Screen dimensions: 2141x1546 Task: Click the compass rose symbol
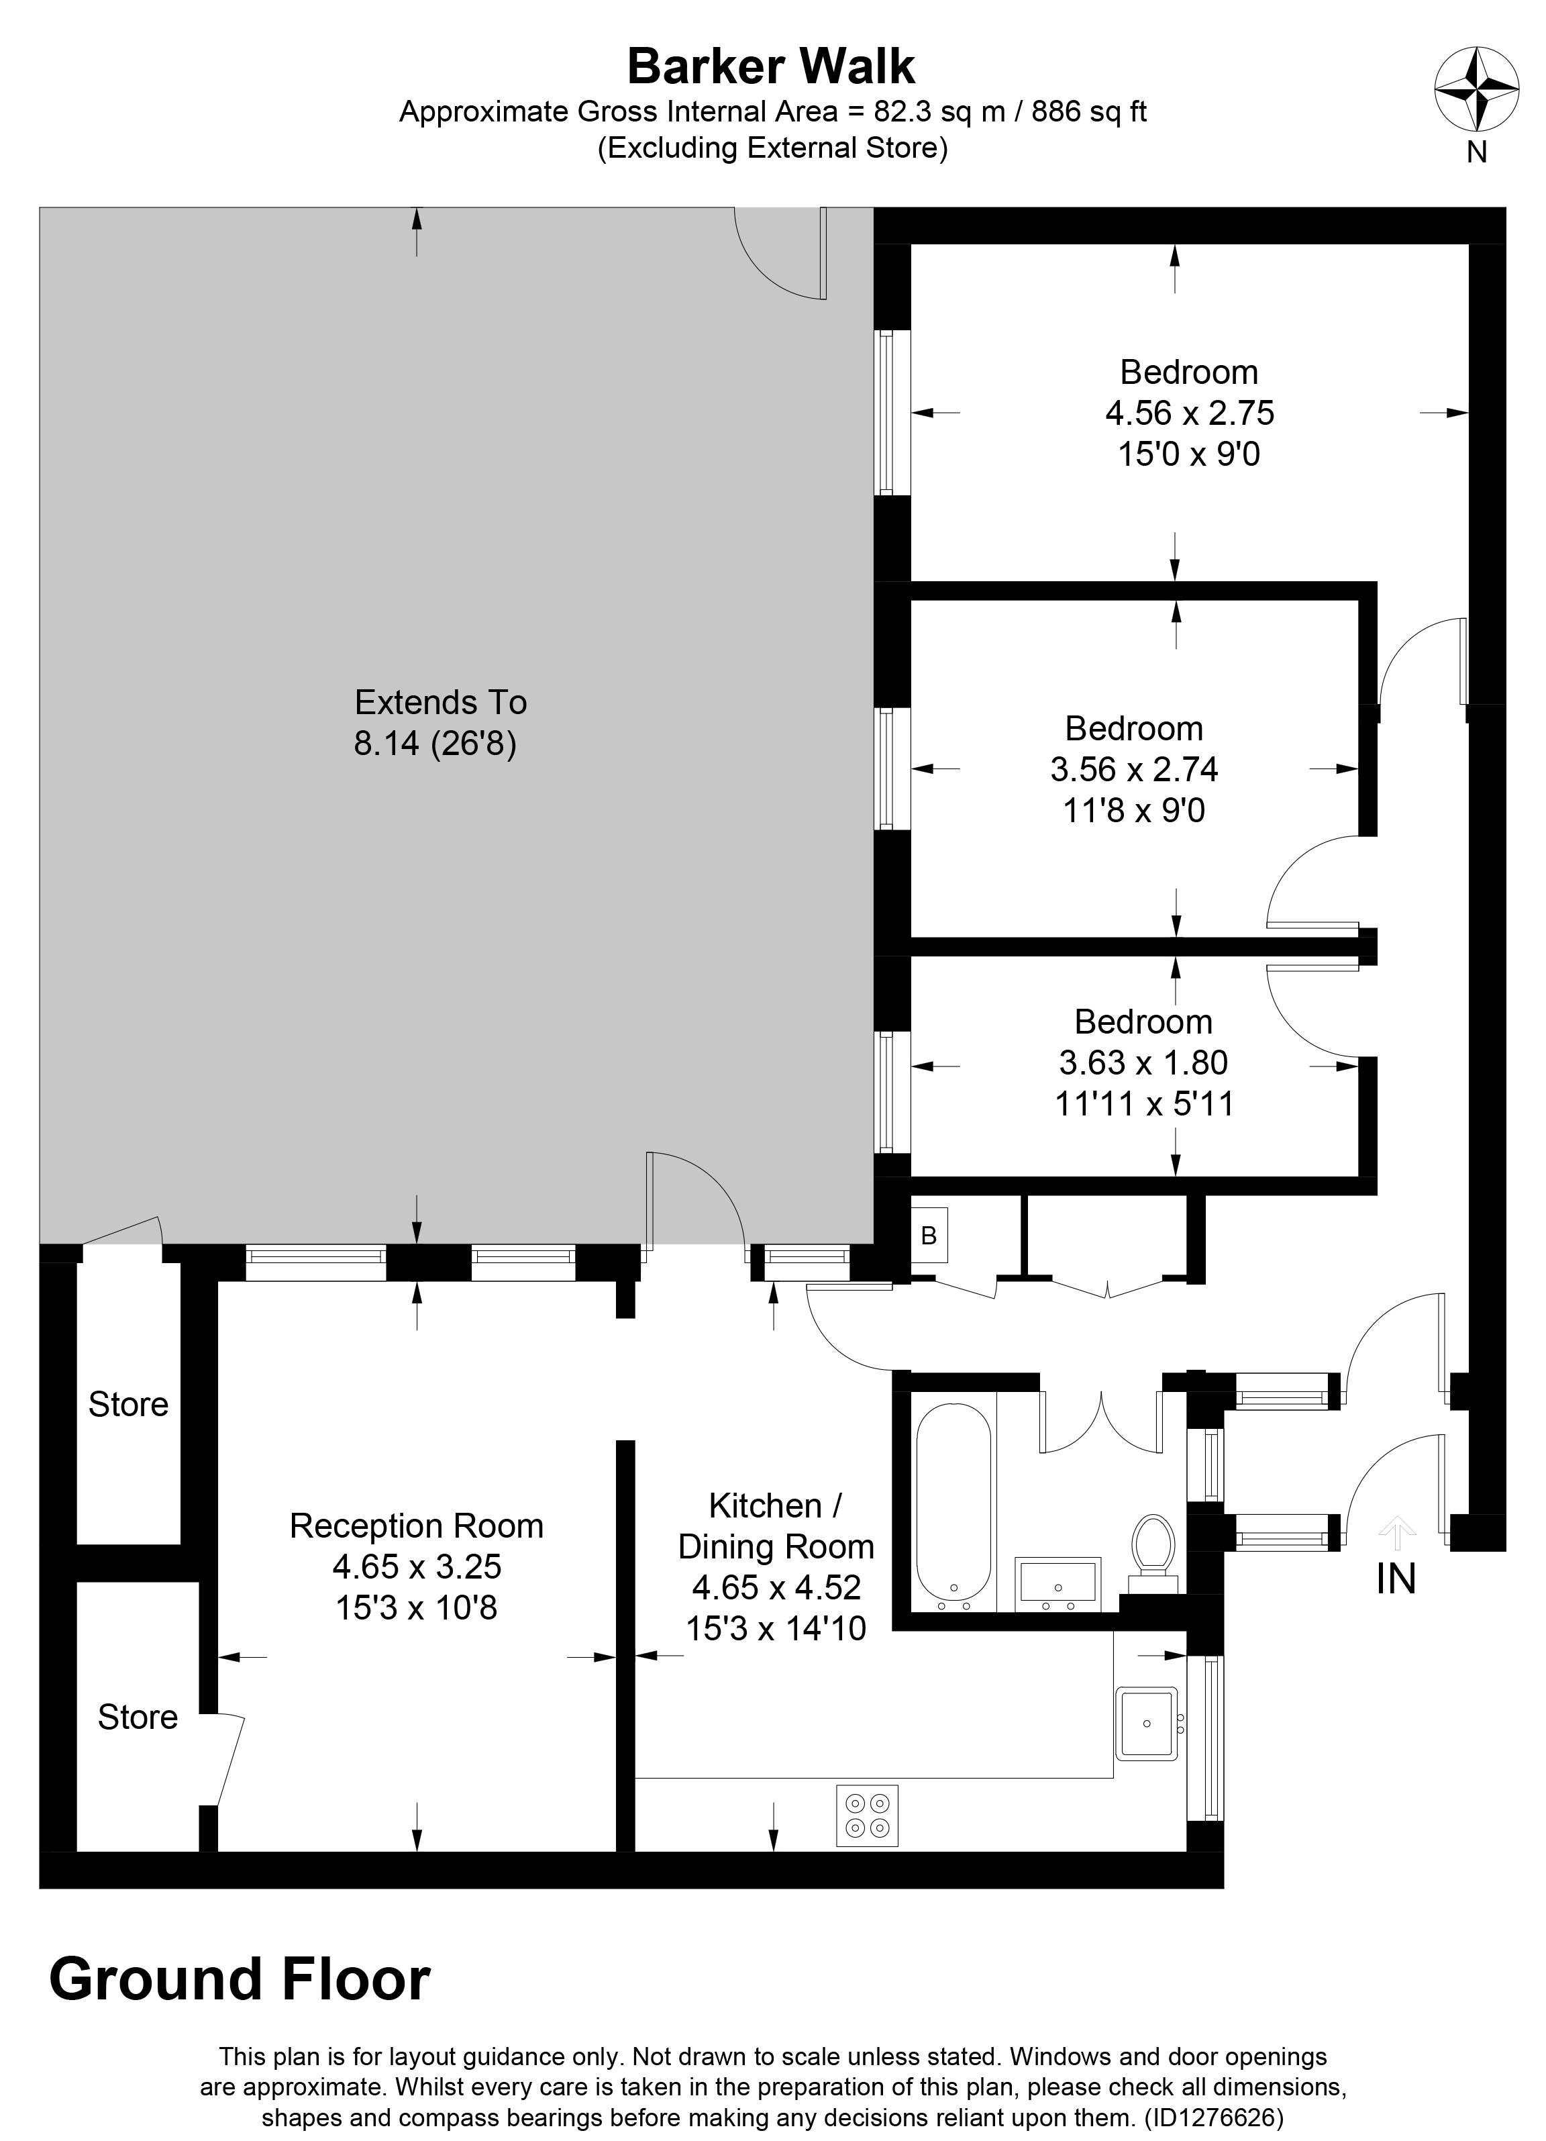click(1476, 91)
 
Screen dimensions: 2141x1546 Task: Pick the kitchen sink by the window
click(1147, 1723)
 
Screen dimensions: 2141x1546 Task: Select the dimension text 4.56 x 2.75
click(1189, 413)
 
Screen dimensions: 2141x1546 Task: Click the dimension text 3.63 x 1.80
click(1143, 1063)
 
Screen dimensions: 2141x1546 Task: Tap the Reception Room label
click(416, 1526)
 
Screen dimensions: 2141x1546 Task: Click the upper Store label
click(128, 1405)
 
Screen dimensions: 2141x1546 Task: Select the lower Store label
click(138, 1717)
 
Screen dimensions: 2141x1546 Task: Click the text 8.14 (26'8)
click(435, 745)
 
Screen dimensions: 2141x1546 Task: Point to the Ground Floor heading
click(240, 1979)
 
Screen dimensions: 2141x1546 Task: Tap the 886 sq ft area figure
click(1088, 112)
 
